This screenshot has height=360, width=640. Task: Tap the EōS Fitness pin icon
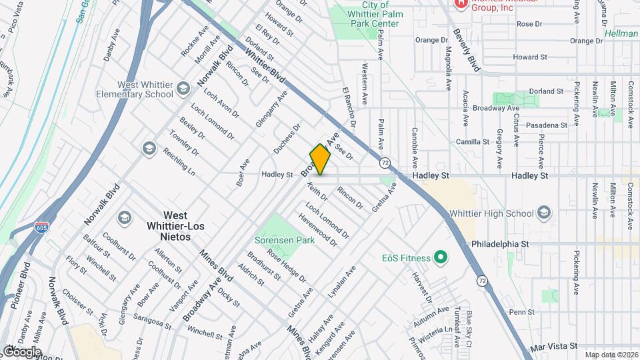[439, 257]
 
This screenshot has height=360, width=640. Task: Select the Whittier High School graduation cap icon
[544, 213]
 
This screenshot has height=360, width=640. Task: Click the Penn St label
[522, 312]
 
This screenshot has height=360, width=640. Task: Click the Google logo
[22, 351]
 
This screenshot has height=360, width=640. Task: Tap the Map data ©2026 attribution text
[611, 355]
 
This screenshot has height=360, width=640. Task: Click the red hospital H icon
[459, 3]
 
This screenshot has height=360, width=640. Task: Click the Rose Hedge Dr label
[286, 264]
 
